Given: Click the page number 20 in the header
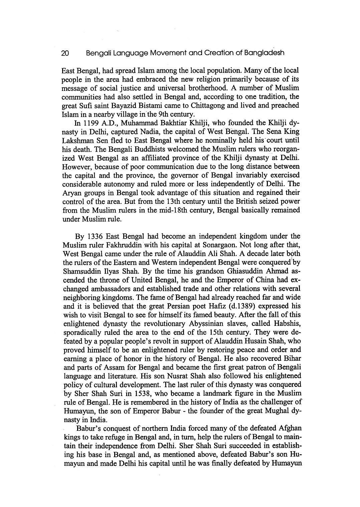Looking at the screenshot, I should tap(65, 53).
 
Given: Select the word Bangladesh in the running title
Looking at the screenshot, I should tap(264, 53).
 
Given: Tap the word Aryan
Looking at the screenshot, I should tap(70, 193).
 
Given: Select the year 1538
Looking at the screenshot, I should tap(134, 393).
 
